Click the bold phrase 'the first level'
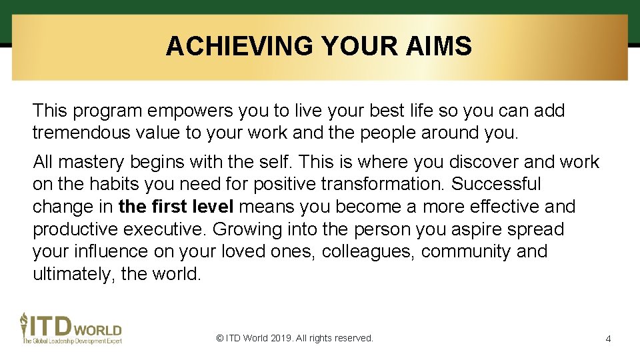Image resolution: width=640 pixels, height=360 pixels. (x=177, y=207)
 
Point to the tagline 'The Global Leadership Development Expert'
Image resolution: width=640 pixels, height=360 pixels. (x=71, y=341)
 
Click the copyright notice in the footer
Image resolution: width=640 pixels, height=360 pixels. (x=295, y=338)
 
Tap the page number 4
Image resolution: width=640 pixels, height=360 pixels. (x=608, y=339)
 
